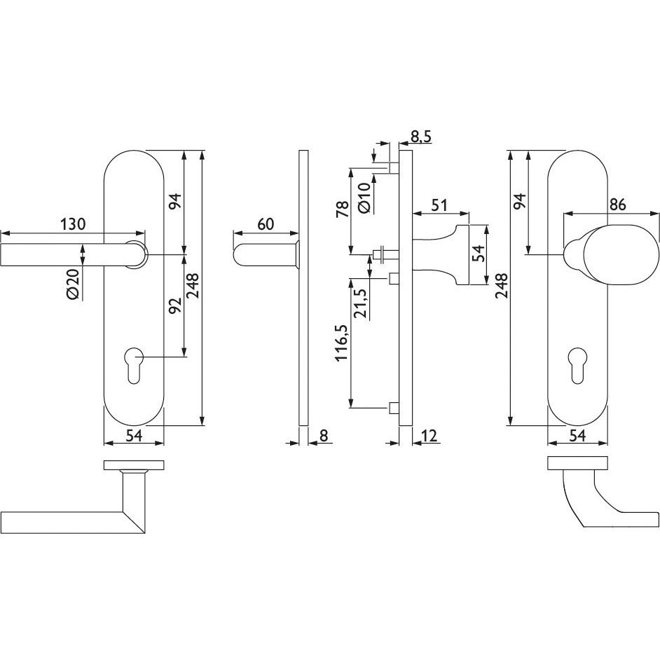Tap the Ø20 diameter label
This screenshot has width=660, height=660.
[x=73, y=284]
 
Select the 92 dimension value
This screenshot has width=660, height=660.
[x=174, y=305]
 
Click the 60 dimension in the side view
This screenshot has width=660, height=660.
[x=266, y=224]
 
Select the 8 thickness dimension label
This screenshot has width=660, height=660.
[x=323, y=436]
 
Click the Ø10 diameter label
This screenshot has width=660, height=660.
[x=365, y=198]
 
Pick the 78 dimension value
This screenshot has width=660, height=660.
[x=343, y=209]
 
